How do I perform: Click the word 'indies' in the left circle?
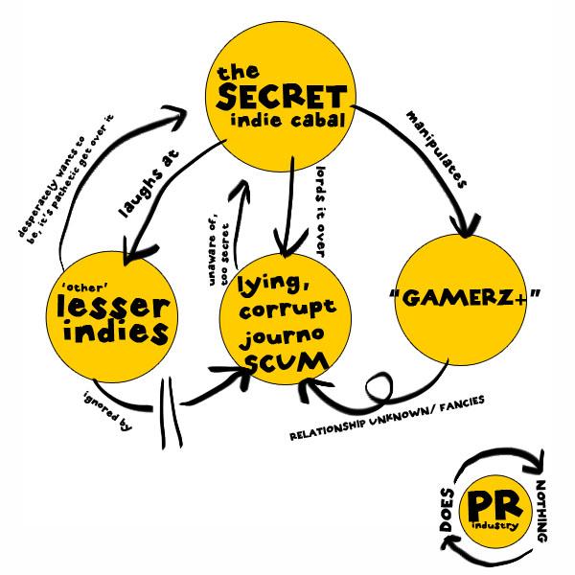pos(112,333)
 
